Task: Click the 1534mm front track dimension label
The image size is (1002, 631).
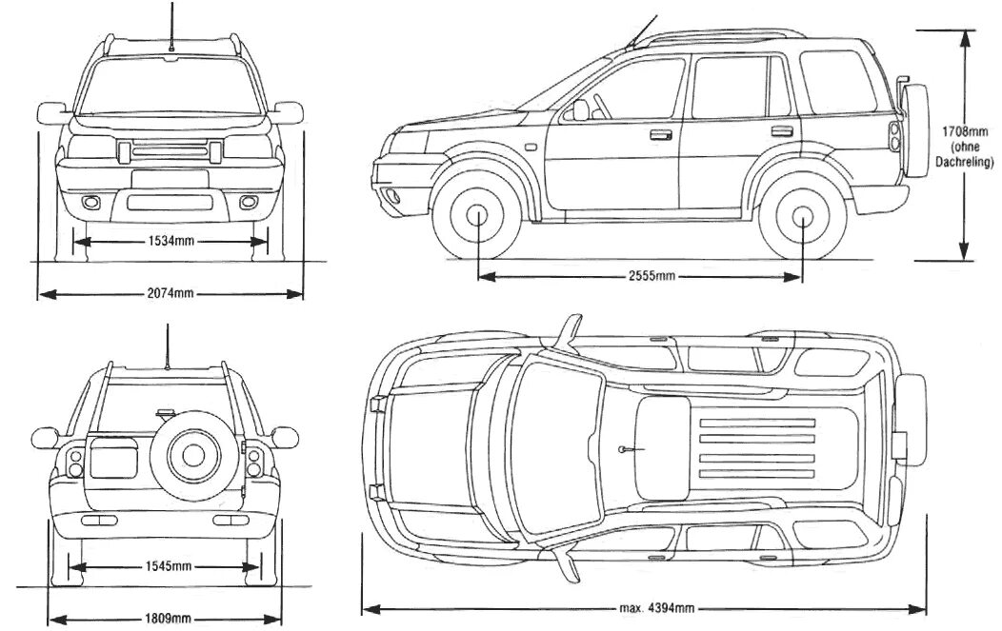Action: (x=171, y=242)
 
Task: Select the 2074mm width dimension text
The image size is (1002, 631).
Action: (x=171, y=293)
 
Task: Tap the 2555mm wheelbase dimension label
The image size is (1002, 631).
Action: (x=651, y=276)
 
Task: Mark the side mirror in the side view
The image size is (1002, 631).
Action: (x=580, y=110)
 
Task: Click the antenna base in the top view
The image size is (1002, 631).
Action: (x=621, y=448)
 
